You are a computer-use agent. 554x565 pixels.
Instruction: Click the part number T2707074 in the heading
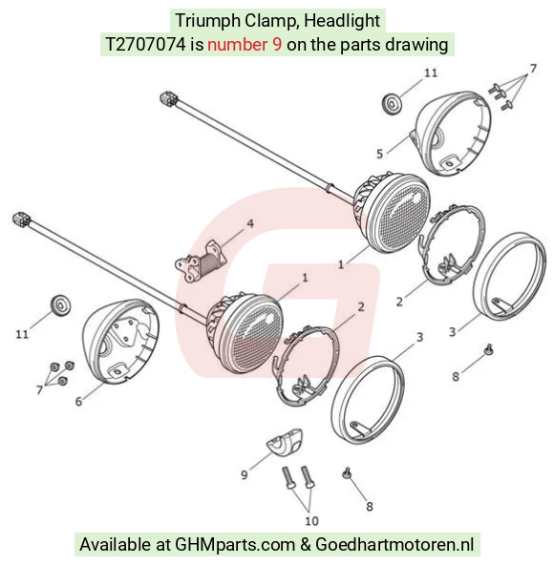[x=146, y=45]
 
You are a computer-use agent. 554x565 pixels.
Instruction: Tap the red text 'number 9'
[x=245, y=45]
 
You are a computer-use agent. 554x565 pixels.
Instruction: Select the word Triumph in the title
[x=208, y=21]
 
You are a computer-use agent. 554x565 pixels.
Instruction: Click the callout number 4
[x=250, y=223]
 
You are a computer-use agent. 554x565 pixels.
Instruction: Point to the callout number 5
[x=379, y=155]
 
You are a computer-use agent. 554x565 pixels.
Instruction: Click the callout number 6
[x=78, y=402]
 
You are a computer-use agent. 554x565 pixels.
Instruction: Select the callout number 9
[x=245, y=475]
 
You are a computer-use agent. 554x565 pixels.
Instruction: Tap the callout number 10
[x=311, y=521]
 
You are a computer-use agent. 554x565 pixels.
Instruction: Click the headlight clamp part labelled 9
[x=285, y=442]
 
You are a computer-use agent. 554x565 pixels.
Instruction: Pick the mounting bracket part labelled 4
[x=201, y=262]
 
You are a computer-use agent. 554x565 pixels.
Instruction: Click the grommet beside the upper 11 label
[x=391, y=104]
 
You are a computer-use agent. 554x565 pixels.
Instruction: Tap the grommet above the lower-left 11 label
[x=60, y=305]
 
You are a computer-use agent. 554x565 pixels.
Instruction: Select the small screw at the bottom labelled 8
[x=347, y=472]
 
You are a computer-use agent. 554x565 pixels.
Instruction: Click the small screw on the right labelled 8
[x=488, y=349]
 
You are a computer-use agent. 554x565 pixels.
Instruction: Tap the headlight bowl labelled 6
[x=120, y=341]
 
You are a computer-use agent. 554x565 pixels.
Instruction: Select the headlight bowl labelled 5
[x=451, y=134]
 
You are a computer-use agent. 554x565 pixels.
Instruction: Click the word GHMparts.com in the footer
[x=235, y=544]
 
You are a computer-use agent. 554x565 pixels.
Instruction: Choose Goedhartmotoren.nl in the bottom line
[x=394, y=544]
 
